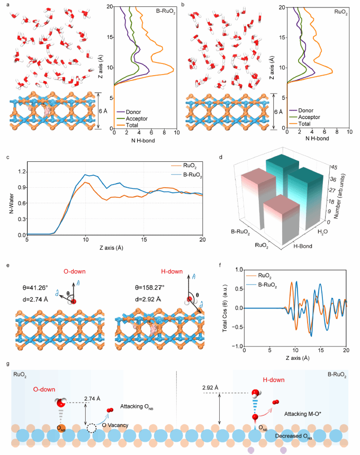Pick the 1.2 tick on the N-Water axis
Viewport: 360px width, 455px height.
tap(21, 172)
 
